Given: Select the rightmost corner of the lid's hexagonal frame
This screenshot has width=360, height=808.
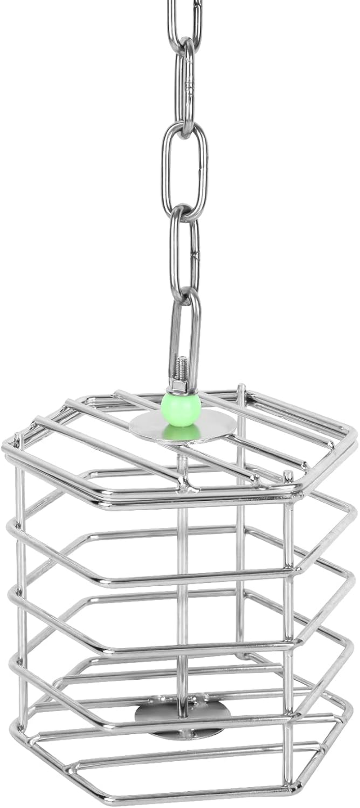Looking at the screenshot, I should tap(354, 435).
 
